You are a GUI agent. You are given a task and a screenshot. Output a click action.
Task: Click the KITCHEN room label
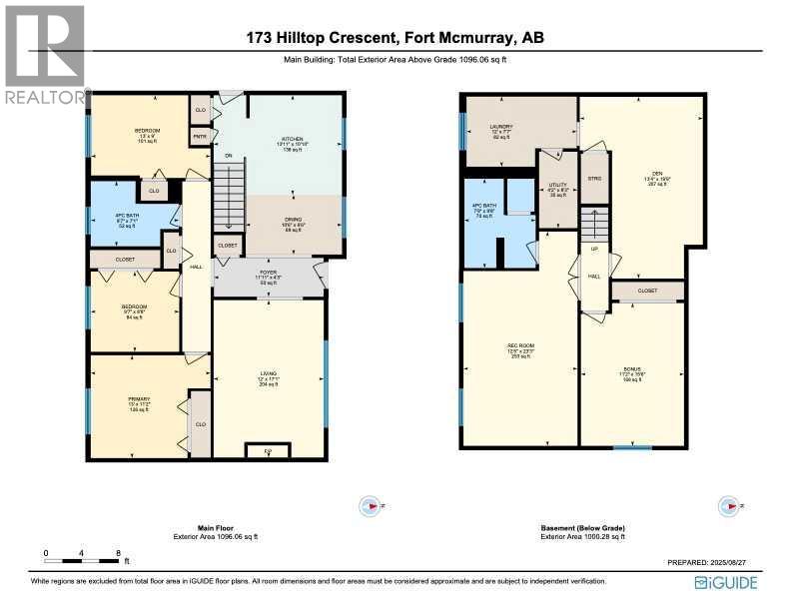pos(292,139)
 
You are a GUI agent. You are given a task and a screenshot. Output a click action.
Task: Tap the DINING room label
pos(293,224)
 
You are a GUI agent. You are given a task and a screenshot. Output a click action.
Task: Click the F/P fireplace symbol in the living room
pos(268,451)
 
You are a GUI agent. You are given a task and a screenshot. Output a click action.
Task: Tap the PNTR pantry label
pos(200,136)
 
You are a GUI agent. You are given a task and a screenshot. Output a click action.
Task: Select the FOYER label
pos(268,272)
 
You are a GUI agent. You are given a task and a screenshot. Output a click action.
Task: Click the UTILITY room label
pos(557,186)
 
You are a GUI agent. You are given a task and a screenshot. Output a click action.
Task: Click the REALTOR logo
pos(45,55)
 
